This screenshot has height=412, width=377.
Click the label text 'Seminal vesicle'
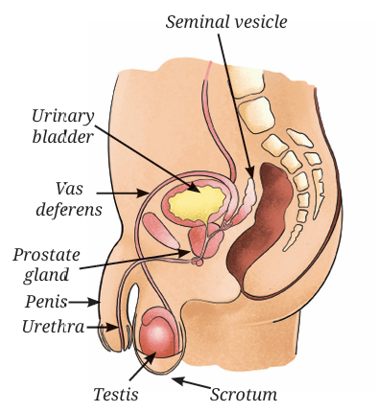(x=226, y=22)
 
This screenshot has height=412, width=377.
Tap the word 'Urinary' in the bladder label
(x=63, y=117)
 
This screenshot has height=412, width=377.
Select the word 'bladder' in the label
(x=63, y=137)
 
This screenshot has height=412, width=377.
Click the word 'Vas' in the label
(x=69, y=189)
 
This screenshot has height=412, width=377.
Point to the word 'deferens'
(x=69, y=210)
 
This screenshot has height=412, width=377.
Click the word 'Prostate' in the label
(x=46, y=256)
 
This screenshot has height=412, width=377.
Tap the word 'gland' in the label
(x=46, y=275)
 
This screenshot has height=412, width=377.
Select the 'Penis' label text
(x=46, y=302)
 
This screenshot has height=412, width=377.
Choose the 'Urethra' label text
(x=53, y=327)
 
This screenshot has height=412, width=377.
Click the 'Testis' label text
(x=116, y=394)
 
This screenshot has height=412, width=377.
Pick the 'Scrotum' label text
(x=244, y=394)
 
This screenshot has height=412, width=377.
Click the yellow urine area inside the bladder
(x=196, y=204)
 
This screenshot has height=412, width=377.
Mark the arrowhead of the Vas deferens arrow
(x=143, y=193)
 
